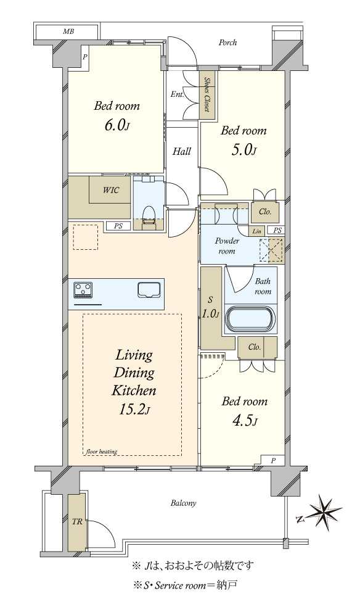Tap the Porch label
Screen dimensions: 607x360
click(x=227, y=43)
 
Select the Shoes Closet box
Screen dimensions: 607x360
click(x=208, y=95)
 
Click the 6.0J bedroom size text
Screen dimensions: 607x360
click(x=117, y=125)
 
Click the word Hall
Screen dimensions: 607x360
click(x=181, y=151)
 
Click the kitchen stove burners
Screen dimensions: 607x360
click(x=83, y=289)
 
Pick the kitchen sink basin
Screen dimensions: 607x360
click(x=149, y=289)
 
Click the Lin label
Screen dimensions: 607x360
click(x=257, y=231)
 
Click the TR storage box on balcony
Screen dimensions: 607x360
click(x=77, y=522)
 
